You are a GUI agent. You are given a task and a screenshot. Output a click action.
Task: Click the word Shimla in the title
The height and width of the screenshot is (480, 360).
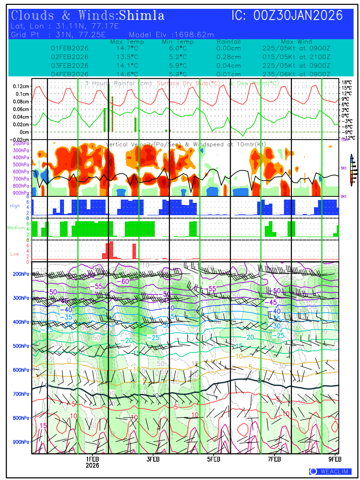[142, 16]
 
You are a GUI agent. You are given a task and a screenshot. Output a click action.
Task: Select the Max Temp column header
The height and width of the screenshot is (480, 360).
[127, 42]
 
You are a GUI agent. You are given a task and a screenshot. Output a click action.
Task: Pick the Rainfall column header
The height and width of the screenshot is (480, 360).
[229, 42]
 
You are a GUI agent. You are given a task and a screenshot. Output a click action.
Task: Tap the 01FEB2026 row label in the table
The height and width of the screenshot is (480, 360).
[70, 48]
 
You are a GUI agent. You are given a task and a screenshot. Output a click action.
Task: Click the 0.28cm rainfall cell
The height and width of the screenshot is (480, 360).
[229, 57]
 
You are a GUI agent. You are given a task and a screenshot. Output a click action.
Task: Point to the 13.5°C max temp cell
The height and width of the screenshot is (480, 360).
[127, 57]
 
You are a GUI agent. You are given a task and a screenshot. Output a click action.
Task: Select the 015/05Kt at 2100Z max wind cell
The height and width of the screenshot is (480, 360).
[296, 57]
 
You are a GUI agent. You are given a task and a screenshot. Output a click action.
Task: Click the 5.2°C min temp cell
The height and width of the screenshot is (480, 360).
[178, 57]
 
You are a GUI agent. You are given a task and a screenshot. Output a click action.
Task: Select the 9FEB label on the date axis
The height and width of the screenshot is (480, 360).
[335, 459]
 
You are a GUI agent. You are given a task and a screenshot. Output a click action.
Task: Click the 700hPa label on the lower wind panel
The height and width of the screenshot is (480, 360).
[20, 394]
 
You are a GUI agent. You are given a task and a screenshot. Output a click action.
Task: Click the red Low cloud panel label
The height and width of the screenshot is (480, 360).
[14, 254]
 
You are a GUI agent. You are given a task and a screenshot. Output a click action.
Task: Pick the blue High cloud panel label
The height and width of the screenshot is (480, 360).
[15, 206]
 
